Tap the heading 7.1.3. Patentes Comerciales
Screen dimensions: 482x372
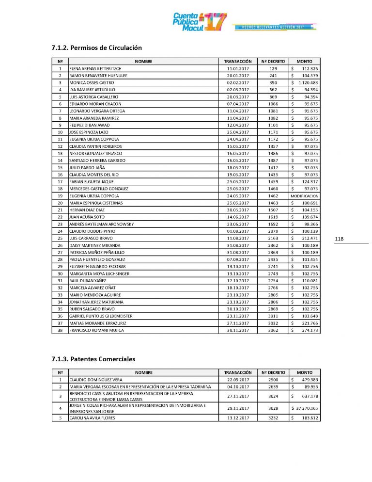point(93,359)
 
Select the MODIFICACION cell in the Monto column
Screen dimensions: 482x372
point(304,195)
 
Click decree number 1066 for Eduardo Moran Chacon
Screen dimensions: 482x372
point(273,104)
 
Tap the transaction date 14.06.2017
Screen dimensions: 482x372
point(237,217)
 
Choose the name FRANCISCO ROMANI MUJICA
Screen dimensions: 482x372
point(97,330)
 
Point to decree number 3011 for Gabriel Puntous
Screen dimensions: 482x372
point(273,316)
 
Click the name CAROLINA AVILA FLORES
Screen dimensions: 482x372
point(93,418)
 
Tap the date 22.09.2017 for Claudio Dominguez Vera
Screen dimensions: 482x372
point(237,380)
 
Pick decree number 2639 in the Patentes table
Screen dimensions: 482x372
point(273,386)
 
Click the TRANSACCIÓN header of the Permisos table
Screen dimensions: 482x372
point(237,62)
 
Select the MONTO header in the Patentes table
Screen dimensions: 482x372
point(304,372)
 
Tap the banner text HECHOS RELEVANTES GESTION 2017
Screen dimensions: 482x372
point(274,26)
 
